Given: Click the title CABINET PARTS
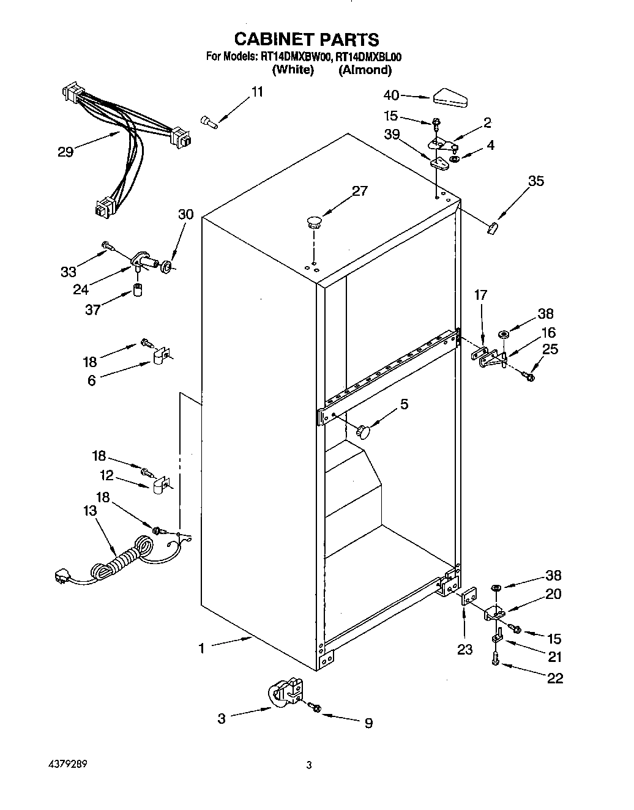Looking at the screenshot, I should [x=307, y=40].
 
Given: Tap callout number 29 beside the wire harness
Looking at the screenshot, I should [x=65, y=152].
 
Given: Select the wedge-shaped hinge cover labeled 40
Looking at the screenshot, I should [x=449, y=97].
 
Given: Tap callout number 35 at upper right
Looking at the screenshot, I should [x=535, y=181].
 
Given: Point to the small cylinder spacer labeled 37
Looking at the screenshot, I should [x=138, y=289].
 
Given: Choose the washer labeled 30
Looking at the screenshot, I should [x=165, y=266].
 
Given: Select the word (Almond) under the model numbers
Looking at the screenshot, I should [x=365, y=70].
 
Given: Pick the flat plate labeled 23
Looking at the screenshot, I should [x=468, y=596].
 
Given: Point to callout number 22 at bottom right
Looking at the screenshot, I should [x=554, y=678].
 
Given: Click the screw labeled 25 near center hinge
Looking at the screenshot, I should [x=529, y=377].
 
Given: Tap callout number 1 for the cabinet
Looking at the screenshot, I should [x=201, y=648].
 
